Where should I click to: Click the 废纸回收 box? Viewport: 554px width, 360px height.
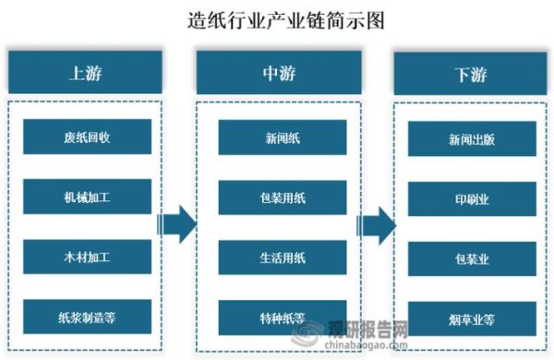(x=88, y=137)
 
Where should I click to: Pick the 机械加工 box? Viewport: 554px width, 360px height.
(x=88, y=197)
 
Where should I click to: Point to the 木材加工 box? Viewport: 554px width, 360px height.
(x=88, y=257)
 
